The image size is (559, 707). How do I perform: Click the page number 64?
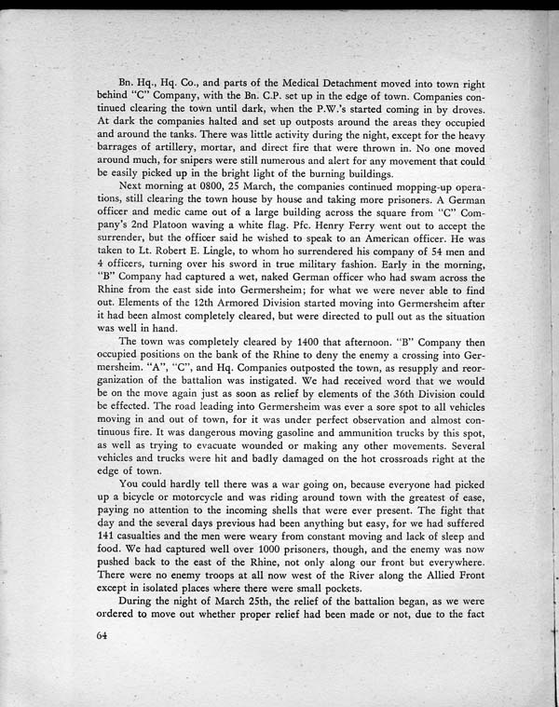tap(102, 635)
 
